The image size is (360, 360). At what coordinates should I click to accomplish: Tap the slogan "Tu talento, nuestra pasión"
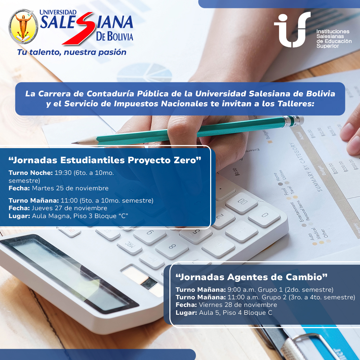[x=72, y=52]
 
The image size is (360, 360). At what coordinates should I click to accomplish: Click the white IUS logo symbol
[x=292, y=30]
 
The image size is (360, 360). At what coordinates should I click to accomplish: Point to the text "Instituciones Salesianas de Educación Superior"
[x=334, y=38]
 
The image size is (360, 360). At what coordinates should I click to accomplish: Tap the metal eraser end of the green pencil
[x=296, y=120]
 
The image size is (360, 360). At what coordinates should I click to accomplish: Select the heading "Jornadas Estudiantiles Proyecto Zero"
[x=104, y=160]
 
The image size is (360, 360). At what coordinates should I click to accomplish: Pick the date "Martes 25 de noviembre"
[x=70, y=188]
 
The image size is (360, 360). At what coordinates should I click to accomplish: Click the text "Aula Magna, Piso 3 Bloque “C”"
[x=80, y=216]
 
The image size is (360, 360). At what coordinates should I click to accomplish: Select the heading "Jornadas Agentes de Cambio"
[x=251, y=277]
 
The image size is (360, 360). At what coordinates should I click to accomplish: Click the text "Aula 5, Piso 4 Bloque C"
[x=235, y=312]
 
